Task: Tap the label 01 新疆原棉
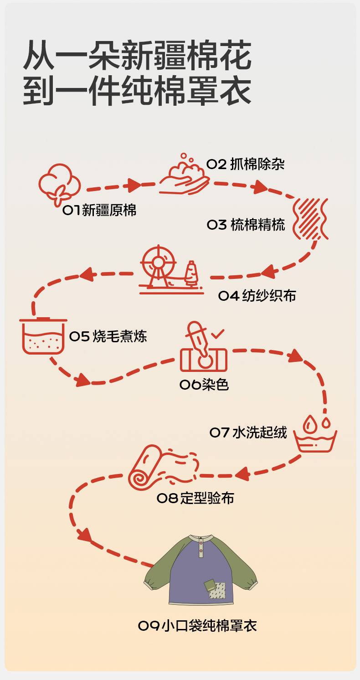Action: click(100, 210)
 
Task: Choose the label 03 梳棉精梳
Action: click(246, 225)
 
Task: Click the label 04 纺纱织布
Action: click(257, 296)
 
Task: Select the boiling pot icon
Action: click(43, 337)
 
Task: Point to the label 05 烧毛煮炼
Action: click(108, 337)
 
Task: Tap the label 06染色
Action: click(204, 385)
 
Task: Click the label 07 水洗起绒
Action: click(248, 432)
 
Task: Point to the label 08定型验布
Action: click(195, 498)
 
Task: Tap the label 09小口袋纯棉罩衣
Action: click(197, 626)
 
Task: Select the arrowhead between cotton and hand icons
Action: click(134, 185)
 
